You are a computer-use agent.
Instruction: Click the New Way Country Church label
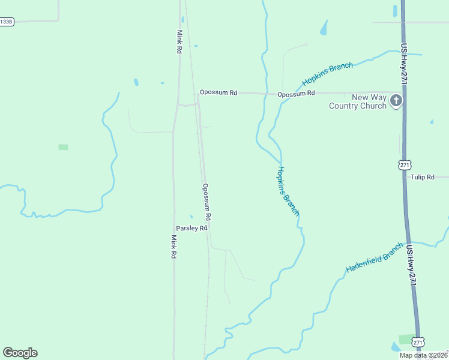[357, 101]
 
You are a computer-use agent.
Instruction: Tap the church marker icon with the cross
[396, 101]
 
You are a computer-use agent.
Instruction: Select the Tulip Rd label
[422, 177]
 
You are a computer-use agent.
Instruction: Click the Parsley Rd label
[191, 228]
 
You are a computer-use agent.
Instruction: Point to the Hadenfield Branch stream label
[375, 258]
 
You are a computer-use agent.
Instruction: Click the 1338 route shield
[7, 22]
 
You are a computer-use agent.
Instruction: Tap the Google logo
[20, 353]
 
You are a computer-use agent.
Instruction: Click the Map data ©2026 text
[423, 355]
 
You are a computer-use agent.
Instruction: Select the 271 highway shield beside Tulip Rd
[405, 164]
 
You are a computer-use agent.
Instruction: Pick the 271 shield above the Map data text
[418, 341]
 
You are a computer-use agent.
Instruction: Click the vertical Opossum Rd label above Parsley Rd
[207, 201]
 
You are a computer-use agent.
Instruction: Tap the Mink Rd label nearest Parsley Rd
[173, 247]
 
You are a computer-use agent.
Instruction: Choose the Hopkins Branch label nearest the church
[327, 74]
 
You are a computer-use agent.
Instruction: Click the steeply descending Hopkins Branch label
[288, 191]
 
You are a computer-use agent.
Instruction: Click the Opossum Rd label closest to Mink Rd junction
[218, 92]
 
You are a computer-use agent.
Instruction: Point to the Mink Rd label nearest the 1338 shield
[179, 42]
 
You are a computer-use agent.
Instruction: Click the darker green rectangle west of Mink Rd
[63, 147]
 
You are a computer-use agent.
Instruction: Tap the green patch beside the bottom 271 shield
[406, 339]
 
